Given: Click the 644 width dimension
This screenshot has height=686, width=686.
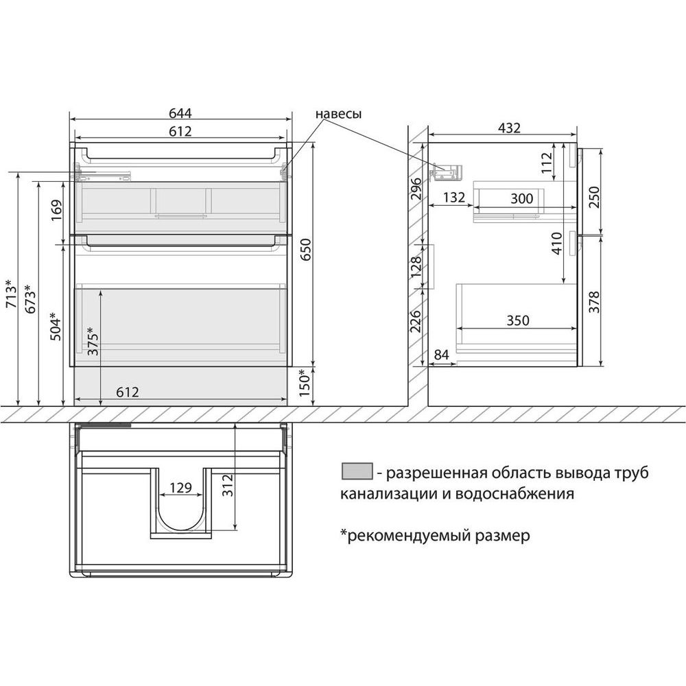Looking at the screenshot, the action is coord(180,113).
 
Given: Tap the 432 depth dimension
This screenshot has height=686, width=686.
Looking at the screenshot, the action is coord(509,128).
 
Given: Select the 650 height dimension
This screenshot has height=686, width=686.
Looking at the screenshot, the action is coord(305,250).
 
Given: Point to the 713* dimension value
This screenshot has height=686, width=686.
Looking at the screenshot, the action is coord(12,293).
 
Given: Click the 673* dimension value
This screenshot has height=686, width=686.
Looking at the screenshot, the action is coord(31,299).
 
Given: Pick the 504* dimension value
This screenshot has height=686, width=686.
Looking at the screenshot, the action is coord(56,326).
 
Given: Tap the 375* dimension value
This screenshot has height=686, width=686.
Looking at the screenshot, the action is coord(93,341).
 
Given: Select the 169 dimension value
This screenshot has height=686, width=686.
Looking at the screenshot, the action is coord(57,210).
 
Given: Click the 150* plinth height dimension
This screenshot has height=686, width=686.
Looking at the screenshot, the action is coord(305,383).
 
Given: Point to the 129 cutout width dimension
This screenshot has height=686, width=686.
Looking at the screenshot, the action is coord(180,487).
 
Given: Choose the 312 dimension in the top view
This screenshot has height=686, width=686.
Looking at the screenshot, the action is coord(228,485).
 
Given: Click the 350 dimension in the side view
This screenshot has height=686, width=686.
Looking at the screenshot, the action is coord(518,320).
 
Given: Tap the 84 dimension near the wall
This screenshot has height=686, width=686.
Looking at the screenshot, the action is coord(441,355).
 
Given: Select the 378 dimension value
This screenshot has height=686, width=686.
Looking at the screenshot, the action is coord(593,302).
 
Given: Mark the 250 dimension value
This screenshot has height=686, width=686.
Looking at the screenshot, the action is coord(593,197).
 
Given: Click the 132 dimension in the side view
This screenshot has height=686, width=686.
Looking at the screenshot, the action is coord(453,198).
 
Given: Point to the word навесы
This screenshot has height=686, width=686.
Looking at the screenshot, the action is coord(339,114).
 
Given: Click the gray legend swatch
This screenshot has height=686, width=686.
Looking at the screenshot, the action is coord(357,471).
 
